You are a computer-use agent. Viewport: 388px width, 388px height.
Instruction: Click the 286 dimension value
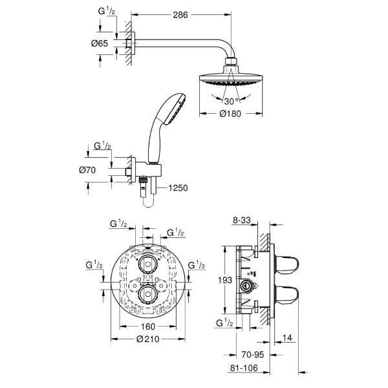[180, 15]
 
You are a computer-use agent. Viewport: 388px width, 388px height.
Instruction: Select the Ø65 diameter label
[100, 43]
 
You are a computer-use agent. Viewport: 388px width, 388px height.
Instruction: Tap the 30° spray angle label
[232, 101]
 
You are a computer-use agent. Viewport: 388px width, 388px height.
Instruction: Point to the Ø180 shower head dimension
[230, 114]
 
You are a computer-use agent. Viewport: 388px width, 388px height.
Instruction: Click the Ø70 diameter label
[87, 170]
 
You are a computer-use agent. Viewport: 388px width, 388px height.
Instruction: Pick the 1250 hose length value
[178, 188]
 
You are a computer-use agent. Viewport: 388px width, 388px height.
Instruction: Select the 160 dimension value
[147, 327]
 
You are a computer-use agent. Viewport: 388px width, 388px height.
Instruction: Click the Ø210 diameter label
[148, 339]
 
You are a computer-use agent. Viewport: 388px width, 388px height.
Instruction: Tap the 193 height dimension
[225, 280]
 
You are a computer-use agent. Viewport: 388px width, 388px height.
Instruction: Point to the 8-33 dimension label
[242, 220]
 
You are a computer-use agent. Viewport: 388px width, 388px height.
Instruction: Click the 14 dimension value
[287, 338]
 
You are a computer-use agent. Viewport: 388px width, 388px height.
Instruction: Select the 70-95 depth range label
[253, 354]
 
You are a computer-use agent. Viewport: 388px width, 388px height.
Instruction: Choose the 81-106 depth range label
[244, 368]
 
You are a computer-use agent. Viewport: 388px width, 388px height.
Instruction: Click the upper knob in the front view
[147, 264]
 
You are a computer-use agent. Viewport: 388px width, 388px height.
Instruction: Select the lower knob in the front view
[147, 294]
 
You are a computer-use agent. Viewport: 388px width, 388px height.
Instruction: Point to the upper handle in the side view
[286, 264]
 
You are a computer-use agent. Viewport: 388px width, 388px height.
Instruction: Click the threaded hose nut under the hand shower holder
[142, 180]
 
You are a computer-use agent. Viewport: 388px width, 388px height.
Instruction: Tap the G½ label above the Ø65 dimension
[107, 12]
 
